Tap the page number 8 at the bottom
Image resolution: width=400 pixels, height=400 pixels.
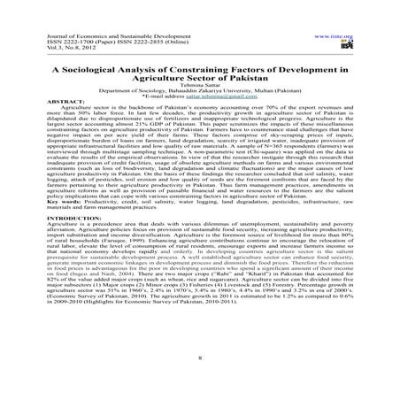coord(199,358)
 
